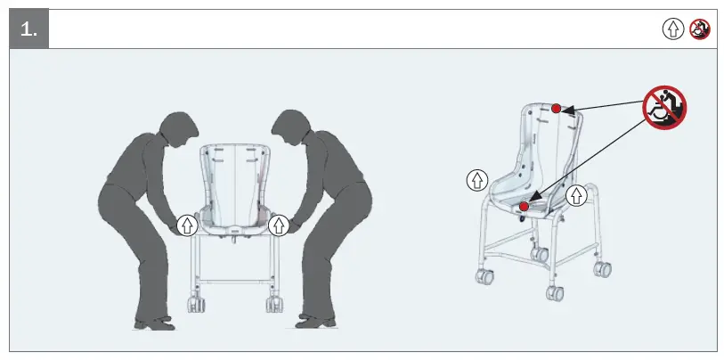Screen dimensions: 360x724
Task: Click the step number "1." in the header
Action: coord(28,29)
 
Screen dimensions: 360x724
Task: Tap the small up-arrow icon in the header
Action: coord(672,29)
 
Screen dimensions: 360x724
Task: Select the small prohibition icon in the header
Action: coord(700,29)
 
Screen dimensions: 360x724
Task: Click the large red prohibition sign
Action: coord(664,108)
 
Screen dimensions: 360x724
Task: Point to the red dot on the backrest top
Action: coord(556,109)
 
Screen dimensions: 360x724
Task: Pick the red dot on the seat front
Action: coord(524,207)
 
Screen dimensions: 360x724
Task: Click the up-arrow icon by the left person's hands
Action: coord(186,225)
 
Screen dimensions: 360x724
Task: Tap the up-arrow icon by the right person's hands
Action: coord(280,225)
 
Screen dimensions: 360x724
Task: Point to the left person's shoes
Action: coord(153,321)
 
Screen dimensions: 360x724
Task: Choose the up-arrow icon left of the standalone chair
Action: coord(477,180)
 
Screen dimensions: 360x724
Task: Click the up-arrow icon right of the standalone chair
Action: coord(577,195)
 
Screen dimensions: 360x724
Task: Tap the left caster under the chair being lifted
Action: coord(196,303)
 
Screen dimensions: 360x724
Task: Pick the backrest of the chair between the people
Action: coord(233,178)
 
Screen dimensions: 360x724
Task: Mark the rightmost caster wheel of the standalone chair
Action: coord(602,267)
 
